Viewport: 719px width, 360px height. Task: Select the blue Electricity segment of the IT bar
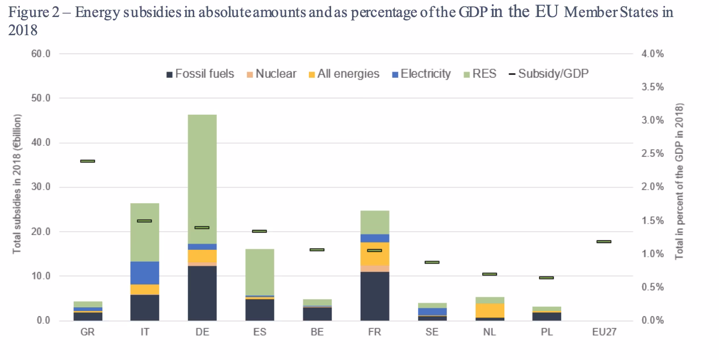pyautogui.click(x=145, y=273)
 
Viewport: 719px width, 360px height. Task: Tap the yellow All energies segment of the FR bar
pyautogui.click(x=374, y=254)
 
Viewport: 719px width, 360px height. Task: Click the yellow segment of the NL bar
pyautogui.click(x=489, y=310)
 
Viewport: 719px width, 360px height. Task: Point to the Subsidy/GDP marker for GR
pyautogui.click(x=87, y=161)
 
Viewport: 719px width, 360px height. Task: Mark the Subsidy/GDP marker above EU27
pyautogui.click(x=604, y=241)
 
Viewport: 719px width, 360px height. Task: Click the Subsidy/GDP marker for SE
pyautogui.click(x=432, y=262)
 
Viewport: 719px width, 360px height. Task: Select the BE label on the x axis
pyautogui.click(x=317, y=332)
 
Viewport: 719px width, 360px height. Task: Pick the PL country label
pyautogui.click(x=546, y=332)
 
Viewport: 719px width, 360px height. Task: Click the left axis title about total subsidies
pyautogui.click(x=18, y=185)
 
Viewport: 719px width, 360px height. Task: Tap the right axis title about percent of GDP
pyautogui.click(x=680, y=182)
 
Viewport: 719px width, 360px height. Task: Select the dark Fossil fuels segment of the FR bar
pyautogui.click(x=374, y=296)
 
